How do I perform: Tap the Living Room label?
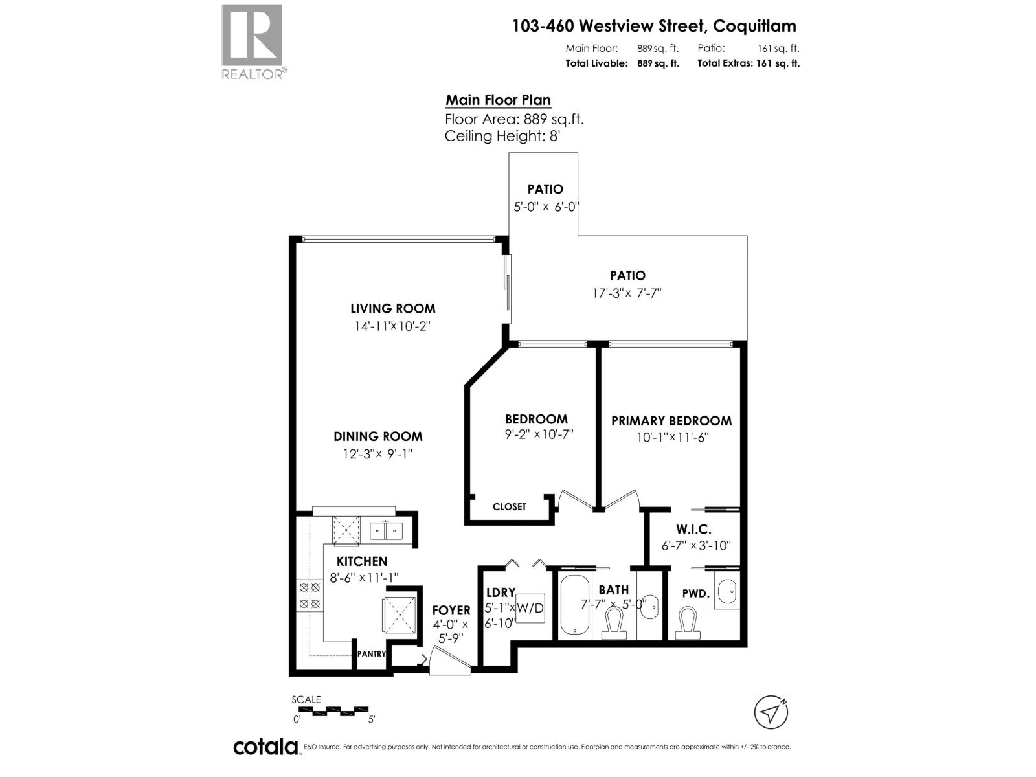tap(393, 308)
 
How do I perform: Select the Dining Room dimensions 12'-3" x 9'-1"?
tap(377, 454)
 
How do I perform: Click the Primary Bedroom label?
tap(671, 421)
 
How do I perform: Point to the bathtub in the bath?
tap(573, 604)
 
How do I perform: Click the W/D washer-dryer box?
tap(530, 609)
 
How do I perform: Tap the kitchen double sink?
tap(386, 532)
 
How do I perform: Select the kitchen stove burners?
tap(309, 596)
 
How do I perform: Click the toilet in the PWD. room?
tap(686, 624)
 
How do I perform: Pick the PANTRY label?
tap(371, 654)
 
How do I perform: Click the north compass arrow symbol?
tap(771, 713)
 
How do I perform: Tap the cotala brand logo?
tap(265, 747)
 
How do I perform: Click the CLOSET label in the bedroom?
tap(510, 506)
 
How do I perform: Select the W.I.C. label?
tap(696, 530)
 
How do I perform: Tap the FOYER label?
tap(451, 610)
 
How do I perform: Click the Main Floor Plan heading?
tap(498, 100)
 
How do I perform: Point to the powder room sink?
tap(728, 592)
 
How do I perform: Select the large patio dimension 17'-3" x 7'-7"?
tap(627, 293)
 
